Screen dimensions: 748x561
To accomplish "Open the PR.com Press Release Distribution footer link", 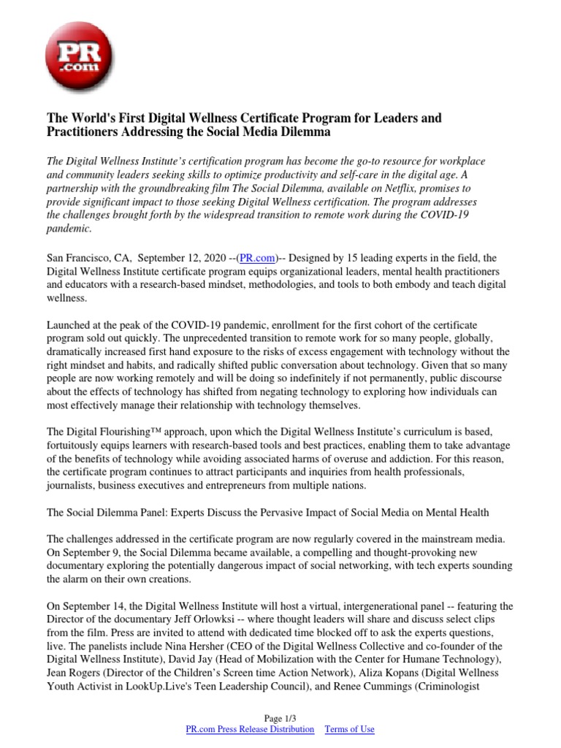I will tap(251, 729).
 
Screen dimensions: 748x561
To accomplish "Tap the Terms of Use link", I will tap(349, 729).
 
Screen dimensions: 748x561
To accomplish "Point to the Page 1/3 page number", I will tap(280, 719).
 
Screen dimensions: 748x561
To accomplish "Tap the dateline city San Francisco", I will tap(77, 258).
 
